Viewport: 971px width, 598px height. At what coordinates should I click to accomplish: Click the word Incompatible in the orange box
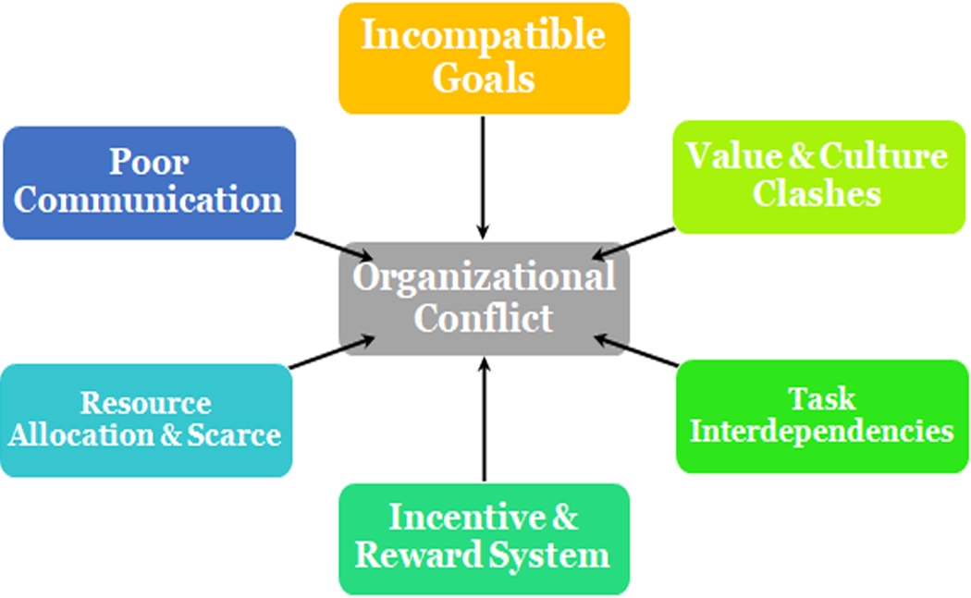pos(483,36)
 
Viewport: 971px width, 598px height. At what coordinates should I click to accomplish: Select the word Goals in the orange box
pos(483,78)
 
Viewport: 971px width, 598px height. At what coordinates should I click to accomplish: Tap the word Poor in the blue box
pos(149,162)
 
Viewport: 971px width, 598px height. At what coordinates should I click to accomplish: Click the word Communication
pos(148,200)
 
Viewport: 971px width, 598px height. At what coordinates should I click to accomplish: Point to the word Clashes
pos(816,194)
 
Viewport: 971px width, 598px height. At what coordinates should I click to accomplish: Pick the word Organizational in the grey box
pos(484,277)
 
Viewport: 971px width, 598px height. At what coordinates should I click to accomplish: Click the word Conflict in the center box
pos(483,318)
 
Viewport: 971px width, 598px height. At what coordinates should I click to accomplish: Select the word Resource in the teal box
pos(145,403)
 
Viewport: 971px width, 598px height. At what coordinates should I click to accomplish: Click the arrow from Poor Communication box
pos(335,246)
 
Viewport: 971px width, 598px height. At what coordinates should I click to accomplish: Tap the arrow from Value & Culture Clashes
pos(634,242)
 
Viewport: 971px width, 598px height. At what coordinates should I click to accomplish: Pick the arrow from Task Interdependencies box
pos(636,352)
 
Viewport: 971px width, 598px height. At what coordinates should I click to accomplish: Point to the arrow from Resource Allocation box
pos(332,353)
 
